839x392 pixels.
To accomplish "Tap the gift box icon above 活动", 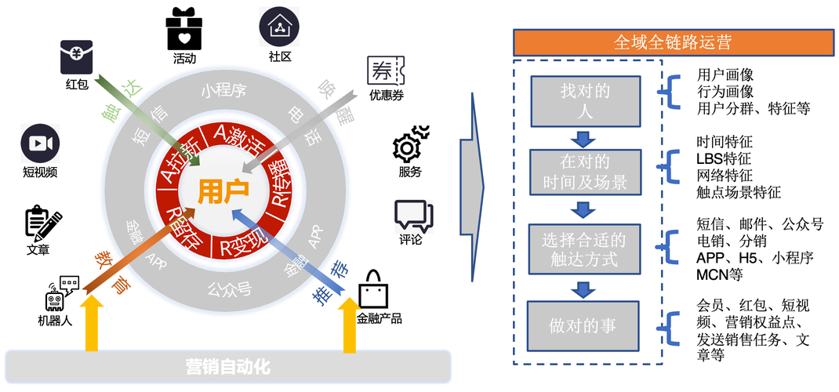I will tap(184, 29).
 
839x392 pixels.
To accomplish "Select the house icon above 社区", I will tap(279, 27).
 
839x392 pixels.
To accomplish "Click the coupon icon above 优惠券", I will tap(384, 72).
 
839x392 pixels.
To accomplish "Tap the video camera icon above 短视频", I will tap(40, 143).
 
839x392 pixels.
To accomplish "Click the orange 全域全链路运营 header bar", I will tap(674, 42).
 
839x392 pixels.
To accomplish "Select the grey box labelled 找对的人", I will tap(585, 101).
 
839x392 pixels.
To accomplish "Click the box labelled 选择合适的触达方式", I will tap(585, 249).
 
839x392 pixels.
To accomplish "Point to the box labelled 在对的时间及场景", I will tap(585, 174).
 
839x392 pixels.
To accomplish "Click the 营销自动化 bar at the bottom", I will tap(227, 366).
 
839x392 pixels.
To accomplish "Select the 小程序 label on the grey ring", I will tap(223, 90).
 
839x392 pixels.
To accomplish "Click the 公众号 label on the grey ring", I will tap(230, 289).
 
